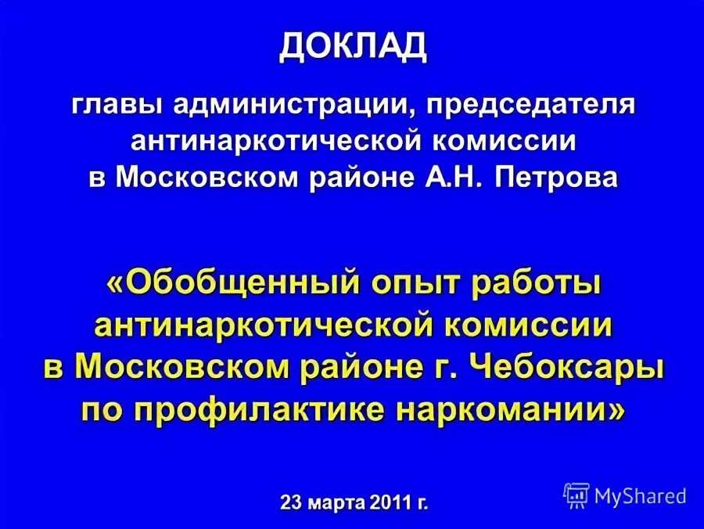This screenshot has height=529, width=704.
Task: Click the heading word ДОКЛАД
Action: point(354,47)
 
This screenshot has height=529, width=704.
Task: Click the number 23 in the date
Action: point(292,502)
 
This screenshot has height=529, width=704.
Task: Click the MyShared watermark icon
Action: point(576,494)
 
